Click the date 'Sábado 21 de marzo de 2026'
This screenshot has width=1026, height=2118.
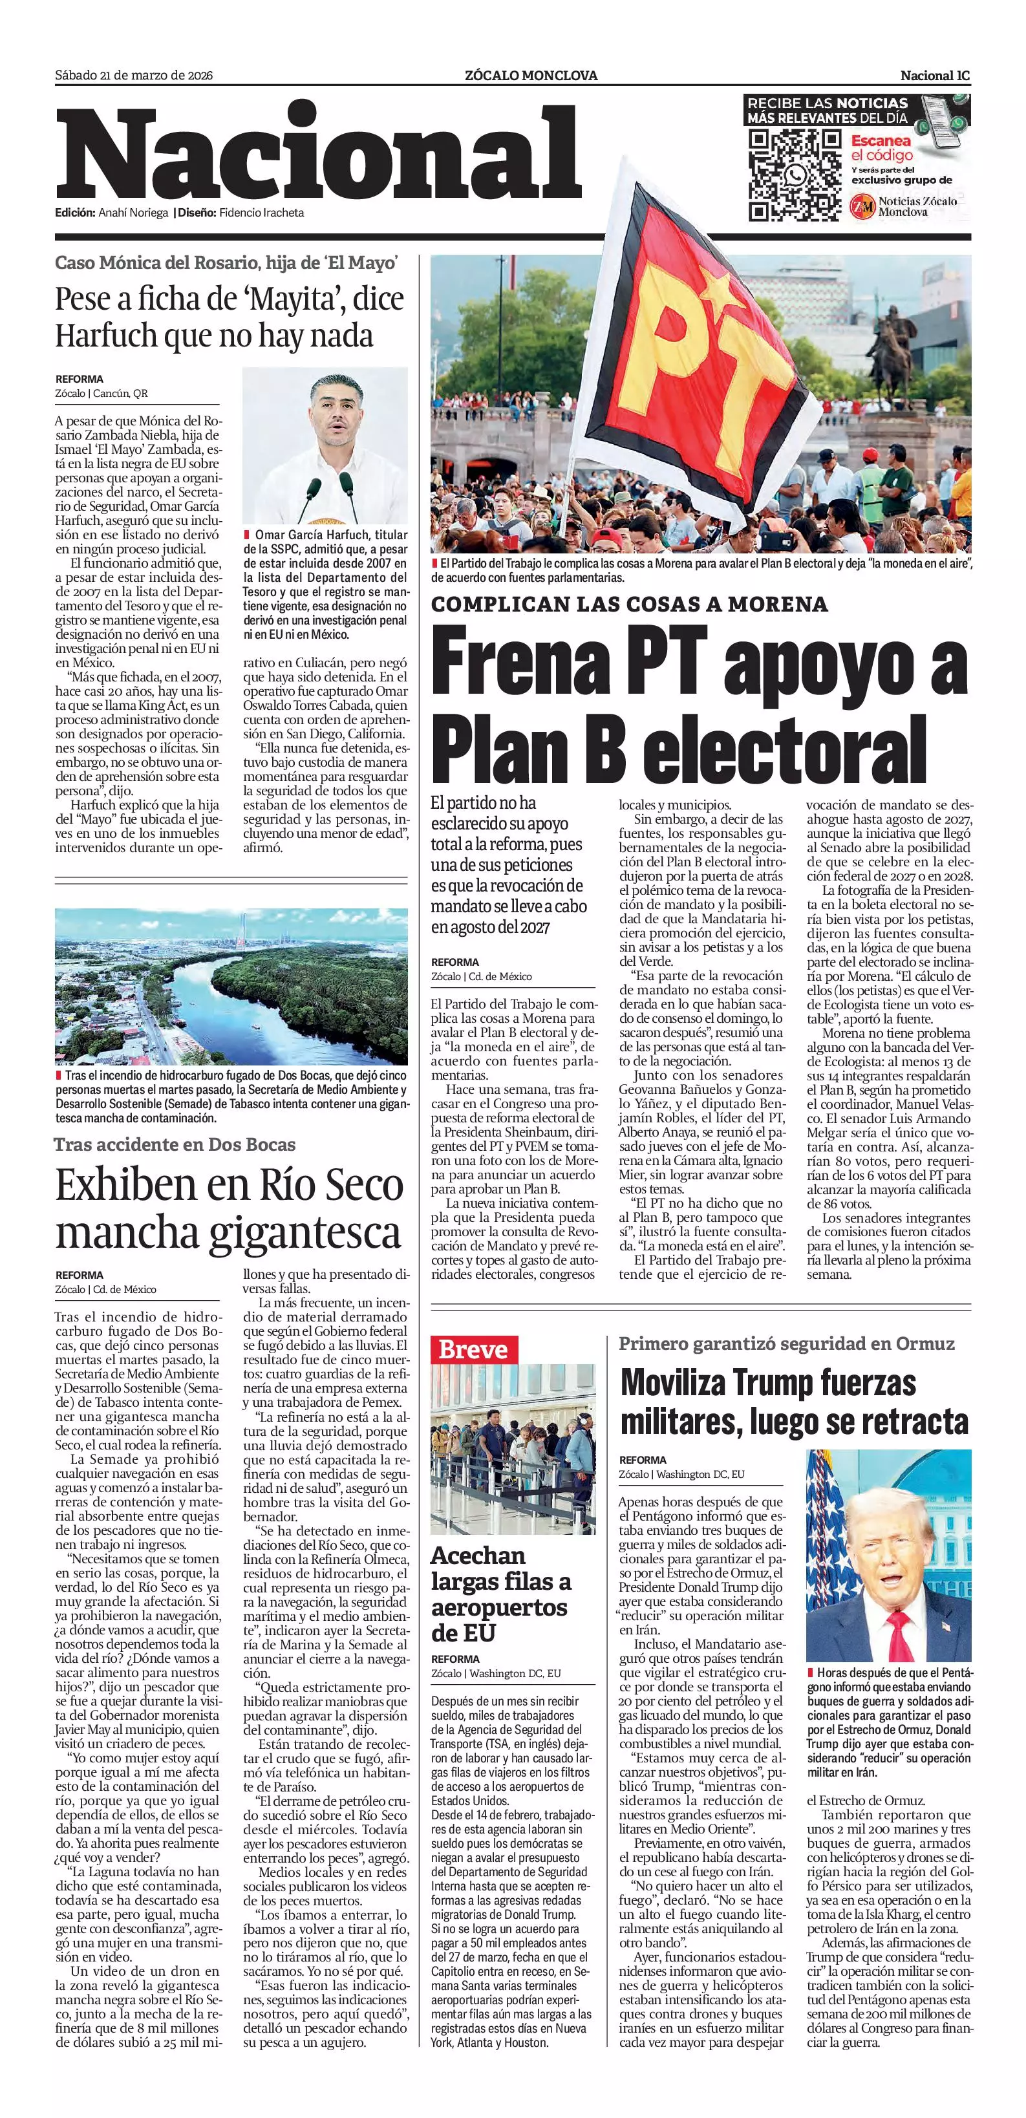click(134, 76)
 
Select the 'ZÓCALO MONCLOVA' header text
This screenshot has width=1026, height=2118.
click(530, 76)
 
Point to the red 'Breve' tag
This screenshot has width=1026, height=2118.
click(473, 1349)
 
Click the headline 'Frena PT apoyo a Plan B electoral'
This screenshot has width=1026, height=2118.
click(699, 704)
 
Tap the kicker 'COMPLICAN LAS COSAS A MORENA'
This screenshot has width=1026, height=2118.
click(629, 604)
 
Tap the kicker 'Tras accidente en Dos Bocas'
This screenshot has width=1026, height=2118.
click(175, 1144)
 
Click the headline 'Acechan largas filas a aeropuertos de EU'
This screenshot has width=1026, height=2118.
click(500, 1592)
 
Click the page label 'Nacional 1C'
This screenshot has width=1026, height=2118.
click(935, 76)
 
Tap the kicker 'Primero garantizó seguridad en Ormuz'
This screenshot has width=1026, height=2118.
click(787, 1343)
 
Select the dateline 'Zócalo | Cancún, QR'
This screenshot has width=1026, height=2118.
click(101, 393)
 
